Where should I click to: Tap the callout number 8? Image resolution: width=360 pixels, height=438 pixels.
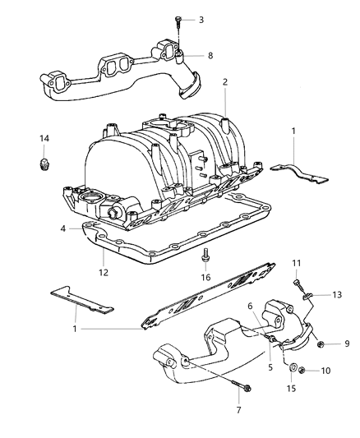pos(210,55)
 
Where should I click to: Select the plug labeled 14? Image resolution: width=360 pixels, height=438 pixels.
pos(43,164)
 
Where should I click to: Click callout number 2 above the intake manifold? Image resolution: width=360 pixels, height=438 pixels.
pos(225,82)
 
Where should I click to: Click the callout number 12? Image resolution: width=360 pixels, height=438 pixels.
pos(104,272)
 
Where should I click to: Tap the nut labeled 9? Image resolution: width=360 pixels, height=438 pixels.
pos(321,344)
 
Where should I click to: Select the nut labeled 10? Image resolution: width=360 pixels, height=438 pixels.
pos(302,371)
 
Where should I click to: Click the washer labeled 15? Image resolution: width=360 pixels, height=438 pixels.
pos(293,367)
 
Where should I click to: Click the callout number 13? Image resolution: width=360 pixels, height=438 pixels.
pos(337,295)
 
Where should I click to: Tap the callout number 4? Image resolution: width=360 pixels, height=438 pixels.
pos(63,228)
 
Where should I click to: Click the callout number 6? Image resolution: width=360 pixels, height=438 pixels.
pos(250,306)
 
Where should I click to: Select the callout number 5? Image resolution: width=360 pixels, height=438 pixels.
pos(270,367)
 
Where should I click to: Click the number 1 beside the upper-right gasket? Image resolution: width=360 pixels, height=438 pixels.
pos(293,131)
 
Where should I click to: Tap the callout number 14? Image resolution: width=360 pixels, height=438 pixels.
pos(44,138)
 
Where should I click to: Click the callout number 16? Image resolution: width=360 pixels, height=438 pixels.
pos(205,277)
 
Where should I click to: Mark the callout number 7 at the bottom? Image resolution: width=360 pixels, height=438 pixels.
pos(238,410)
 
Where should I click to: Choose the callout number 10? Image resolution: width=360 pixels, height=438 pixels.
pos(325,371)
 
